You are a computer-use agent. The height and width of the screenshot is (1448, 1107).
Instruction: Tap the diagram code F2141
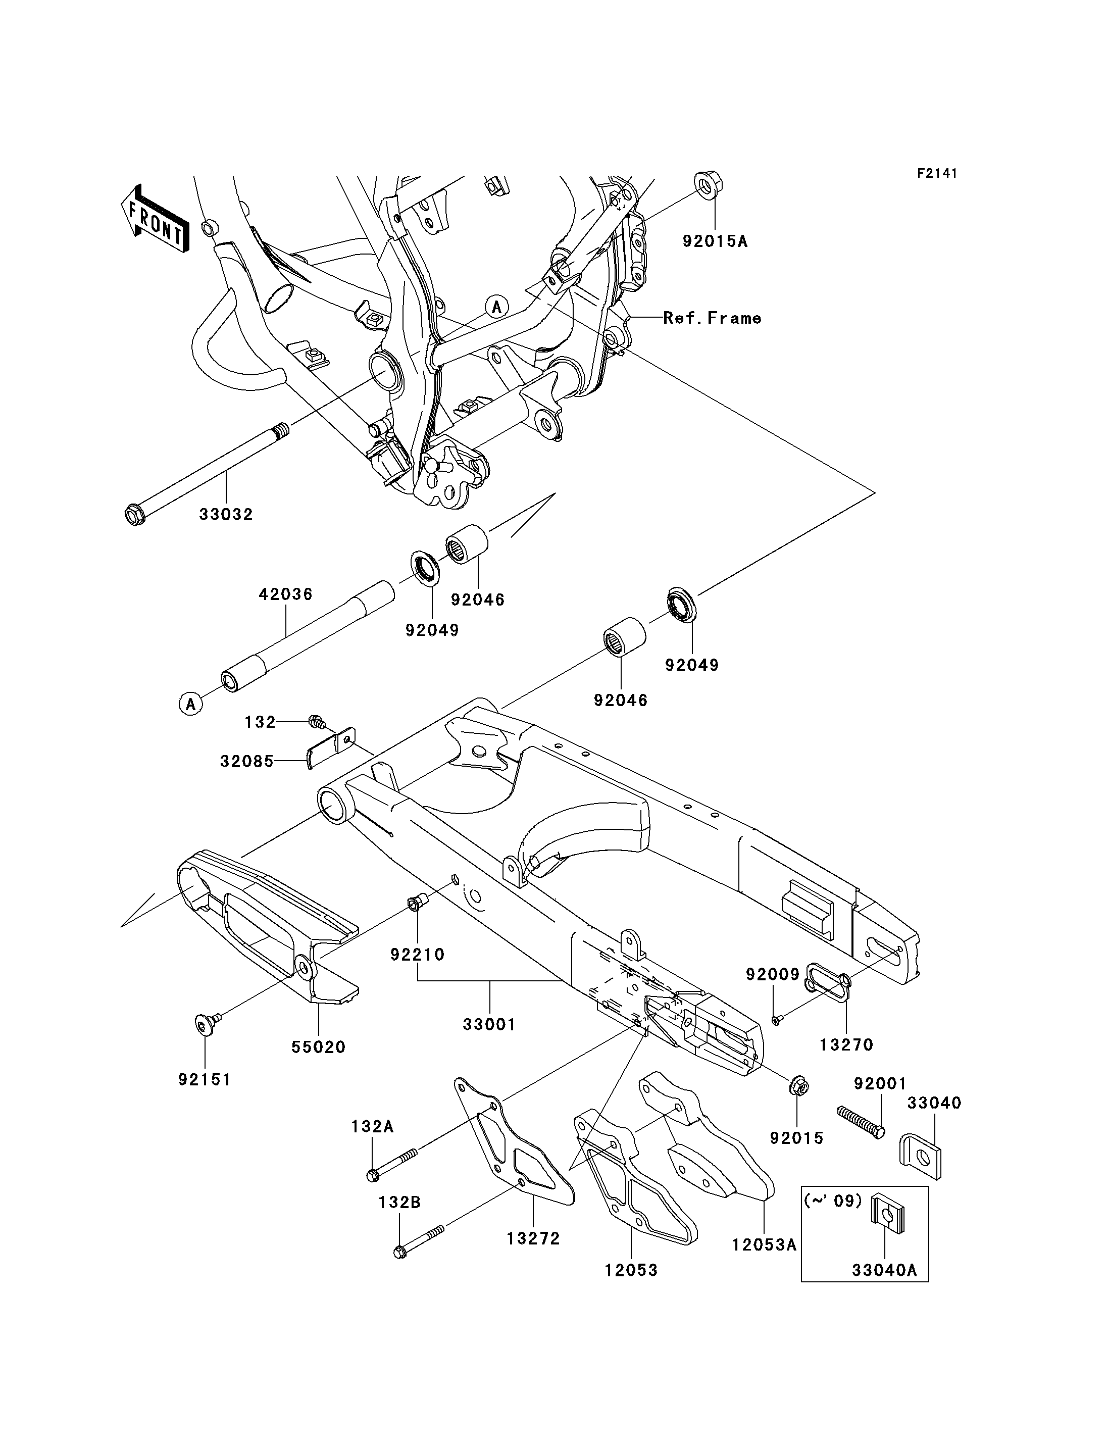937,173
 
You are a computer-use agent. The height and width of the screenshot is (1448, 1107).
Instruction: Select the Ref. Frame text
712,318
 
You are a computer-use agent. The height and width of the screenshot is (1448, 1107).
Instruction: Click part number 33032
226,515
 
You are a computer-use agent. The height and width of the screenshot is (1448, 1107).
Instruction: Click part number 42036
285,594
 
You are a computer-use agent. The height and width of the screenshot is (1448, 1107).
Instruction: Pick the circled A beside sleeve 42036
190,704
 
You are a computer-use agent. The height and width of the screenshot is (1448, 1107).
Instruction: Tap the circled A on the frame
497,307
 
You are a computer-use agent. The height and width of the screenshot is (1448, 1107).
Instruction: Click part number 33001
489,1024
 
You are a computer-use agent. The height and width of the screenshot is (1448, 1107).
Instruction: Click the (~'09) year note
833,1201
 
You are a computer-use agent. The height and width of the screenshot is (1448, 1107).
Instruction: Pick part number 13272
533,1238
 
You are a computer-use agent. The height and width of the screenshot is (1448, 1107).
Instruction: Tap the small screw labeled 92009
777,1020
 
